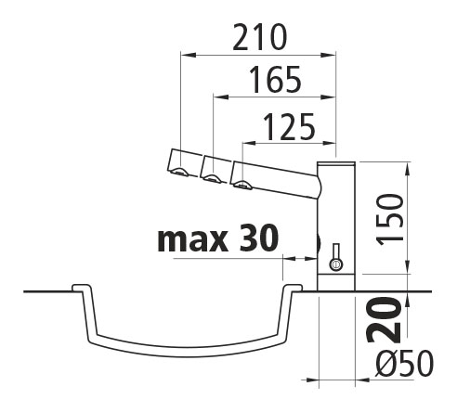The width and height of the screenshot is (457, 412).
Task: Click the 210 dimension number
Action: click(260, 37)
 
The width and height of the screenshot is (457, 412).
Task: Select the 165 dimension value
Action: click(275, 80)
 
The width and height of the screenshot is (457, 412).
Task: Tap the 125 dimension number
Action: click(289, 127)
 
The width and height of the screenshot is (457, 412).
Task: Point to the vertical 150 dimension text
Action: click(390, 219)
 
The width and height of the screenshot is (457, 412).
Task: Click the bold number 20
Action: click(384, 320)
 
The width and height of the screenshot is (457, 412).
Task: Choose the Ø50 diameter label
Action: click(404, 364)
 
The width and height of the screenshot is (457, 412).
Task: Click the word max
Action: click(192, 239)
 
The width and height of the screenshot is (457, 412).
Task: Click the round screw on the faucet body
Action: click(335, 264)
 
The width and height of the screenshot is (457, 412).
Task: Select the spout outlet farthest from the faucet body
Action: click(180, 171)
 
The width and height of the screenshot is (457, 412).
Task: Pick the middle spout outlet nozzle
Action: click(212, 178)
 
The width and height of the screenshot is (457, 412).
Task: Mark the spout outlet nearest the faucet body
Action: click(242, 185)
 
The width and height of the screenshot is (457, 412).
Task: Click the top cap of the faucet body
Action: click(336, 163)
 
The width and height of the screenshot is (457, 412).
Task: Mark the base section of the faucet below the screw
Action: click(336, 282)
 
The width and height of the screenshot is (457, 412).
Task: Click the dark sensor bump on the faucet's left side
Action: click(319, 243)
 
